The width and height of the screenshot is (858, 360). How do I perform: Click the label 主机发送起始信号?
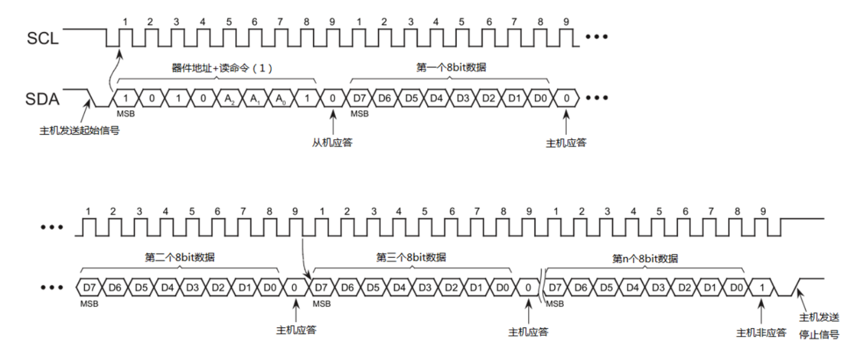click(x=79, y=129)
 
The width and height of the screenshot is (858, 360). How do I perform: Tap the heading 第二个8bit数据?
click(x=179, y=257)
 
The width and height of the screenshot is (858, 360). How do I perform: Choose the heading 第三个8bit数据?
click(x=412, y=257)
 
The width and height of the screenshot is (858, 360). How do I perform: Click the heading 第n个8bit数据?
click(x=645, y=258)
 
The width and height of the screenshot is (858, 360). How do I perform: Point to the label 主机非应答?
click(x=761, y=332)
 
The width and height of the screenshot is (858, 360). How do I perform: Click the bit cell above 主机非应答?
click(x=762, y=288)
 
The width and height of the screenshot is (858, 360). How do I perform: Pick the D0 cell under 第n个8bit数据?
click(x=736, y=288)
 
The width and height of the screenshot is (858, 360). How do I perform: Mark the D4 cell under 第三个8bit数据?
click(x=399, y=288)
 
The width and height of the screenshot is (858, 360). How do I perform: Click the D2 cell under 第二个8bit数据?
click(x=218, y=288)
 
